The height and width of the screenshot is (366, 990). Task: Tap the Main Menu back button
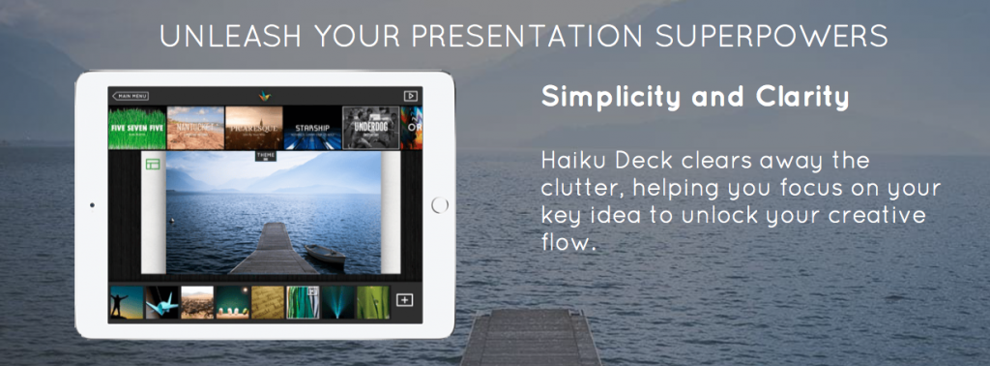point(131,96)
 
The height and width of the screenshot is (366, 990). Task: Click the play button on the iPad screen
point(410,96)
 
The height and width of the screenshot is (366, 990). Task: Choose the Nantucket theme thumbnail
point(195,128)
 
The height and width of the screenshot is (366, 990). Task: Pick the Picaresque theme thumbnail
point(253,128)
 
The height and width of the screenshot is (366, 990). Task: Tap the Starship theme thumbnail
point(312,128)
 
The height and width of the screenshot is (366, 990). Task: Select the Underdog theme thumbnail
point(370,128)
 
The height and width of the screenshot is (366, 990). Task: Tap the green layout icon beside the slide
point(154,165)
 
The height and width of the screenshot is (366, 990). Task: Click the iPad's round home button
point(440,205)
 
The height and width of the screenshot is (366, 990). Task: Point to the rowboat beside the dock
point(325,255)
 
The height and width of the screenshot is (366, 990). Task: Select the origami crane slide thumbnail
point(160,302)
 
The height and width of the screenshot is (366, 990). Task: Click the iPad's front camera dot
point(91,205)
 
